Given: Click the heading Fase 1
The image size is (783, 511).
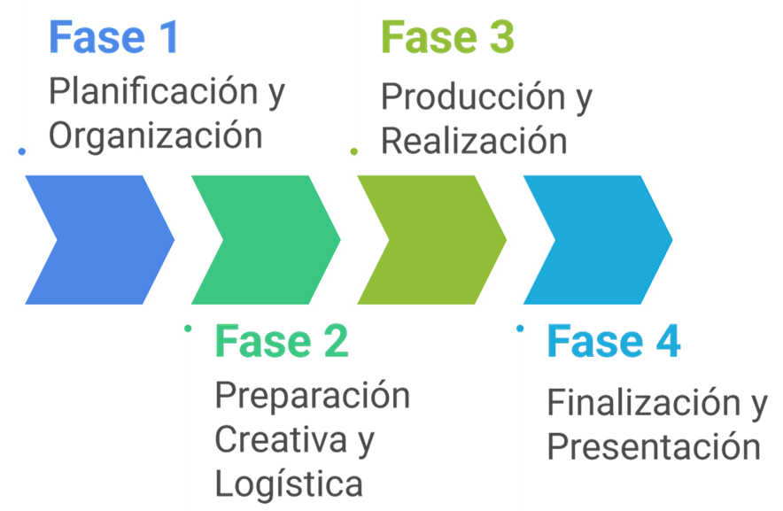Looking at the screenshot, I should (113, 38).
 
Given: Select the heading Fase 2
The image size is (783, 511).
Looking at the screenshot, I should (282, 342).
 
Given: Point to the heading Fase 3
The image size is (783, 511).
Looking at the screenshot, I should (447, 38).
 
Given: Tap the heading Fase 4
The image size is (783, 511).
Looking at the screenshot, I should (614, 342).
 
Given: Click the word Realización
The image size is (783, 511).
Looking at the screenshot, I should (474, 141).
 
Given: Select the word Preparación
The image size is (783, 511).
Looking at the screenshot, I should (313, 395).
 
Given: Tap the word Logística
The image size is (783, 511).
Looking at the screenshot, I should (289, 484).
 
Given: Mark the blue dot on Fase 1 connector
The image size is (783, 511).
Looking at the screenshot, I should (22, 151).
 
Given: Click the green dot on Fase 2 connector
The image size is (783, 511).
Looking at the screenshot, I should (188, 328).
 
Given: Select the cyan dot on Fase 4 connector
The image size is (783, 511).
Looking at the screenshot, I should (520, 328).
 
